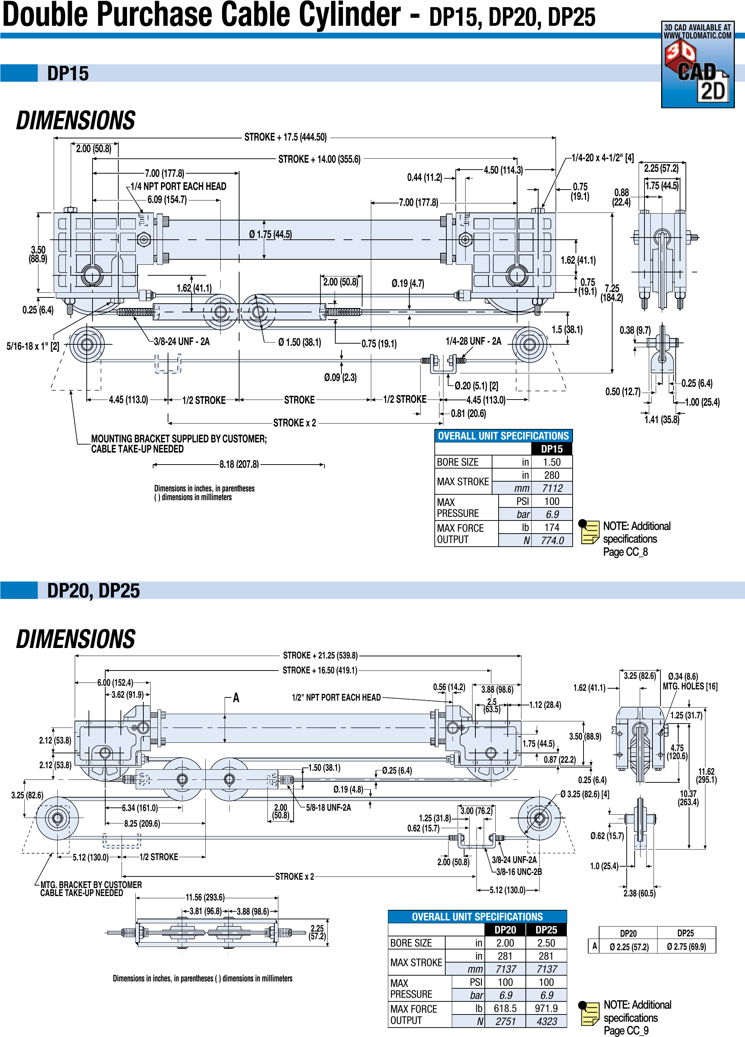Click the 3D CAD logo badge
click(697, 65)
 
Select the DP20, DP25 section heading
click(93, 590)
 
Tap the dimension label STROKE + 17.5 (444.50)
click(286, 137)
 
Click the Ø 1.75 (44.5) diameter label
click(270, 235)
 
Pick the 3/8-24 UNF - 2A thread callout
click(181, 341)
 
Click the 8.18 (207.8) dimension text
click(239, 465)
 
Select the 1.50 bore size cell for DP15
click(552, 462)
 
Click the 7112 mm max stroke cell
click(552, 488)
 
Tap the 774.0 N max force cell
click(552, 540)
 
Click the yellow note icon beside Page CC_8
click(589, 532)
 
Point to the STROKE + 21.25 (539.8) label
click(320, 655)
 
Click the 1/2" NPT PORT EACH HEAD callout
click(336, 697)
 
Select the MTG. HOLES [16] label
click(690, 686)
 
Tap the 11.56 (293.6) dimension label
click(205, 898)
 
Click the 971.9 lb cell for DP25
click(546, 1008)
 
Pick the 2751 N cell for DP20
click(505, 1021)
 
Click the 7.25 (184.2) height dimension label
click(611, 293)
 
